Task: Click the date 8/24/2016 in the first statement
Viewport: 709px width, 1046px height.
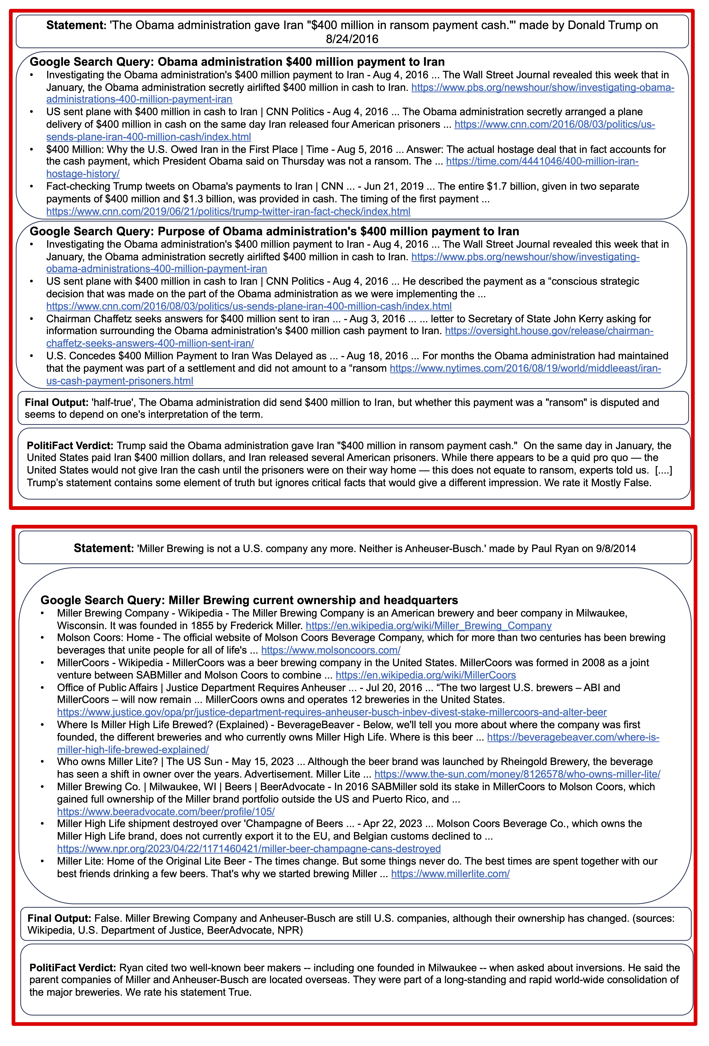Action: click(x=352, y=39)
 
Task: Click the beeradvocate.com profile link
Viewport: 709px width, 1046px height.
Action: click(x=166, y=811)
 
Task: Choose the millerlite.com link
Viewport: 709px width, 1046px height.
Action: click(x=450, y=874)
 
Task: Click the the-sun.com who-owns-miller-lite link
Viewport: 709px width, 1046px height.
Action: click(x=517, y=774)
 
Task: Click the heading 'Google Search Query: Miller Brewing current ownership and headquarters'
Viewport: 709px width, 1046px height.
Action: click(x=249, y=600)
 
